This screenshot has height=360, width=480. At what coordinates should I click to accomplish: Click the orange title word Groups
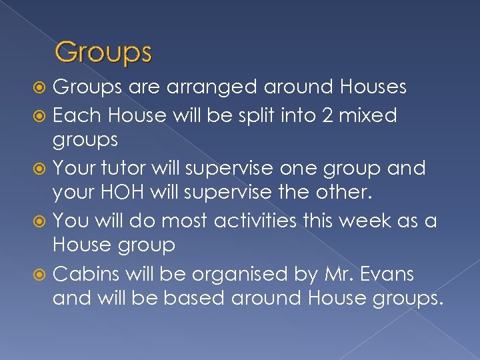pos(103,52)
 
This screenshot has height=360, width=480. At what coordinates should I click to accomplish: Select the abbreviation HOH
pos(136,193)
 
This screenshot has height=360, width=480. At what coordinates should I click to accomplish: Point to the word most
pos(175,219)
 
